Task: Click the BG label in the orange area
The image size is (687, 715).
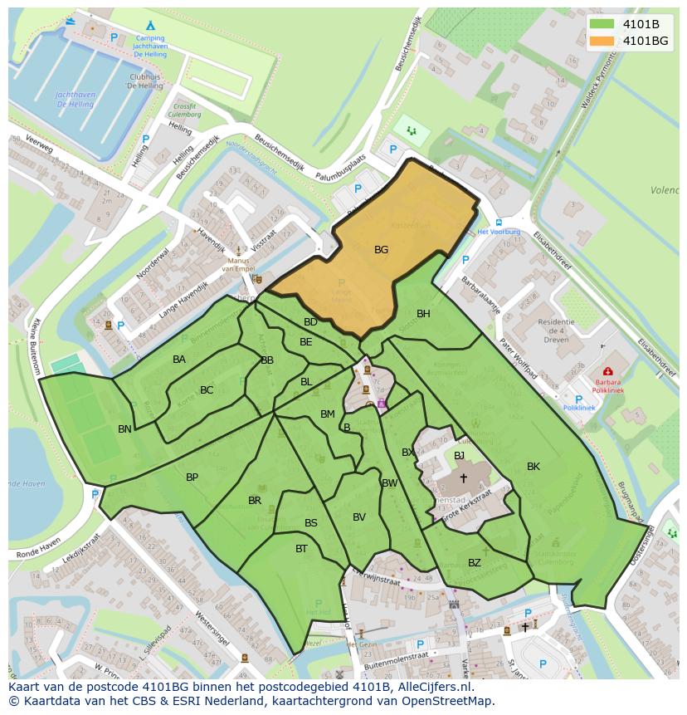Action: pyautogui.click(x=381, y=249)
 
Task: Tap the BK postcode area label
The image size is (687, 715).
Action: pyautogui.click(x=533, y=467)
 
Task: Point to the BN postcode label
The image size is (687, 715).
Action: pyautogui.click(x=124, y=429)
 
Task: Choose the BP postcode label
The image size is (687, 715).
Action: pyautogui.click(x=192, y=477)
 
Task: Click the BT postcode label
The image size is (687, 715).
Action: pyautogui.click(x=301, y=549)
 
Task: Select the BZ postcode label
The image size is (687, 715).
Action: pyautogui.click(x=474, y=563)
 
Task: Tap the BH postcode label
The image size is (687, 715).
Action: pyautogui.click(x=423, y=314)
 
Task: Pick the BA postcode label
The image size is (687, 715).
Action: pyautogui.click(x=179, y=360)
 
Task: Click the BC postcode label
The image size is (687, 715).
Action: pyautogui.click(x=207, y=390)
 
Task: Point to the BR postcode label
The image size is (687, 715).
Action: pyautogui.click(x=255, y=501)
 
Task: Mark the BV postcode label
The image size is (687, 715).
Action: pyautogui.click(x=358, y=517)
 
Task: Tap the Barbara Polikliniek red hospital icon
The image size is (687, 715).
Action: pyautogui.click(x=608, y=371)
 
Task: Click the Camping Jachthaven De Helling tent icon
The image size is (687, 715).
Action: pyautogui.click(x=150, y=27)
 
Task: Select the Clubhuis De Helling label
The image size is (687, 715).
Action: pyautogui.click(x=145, y=81)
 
